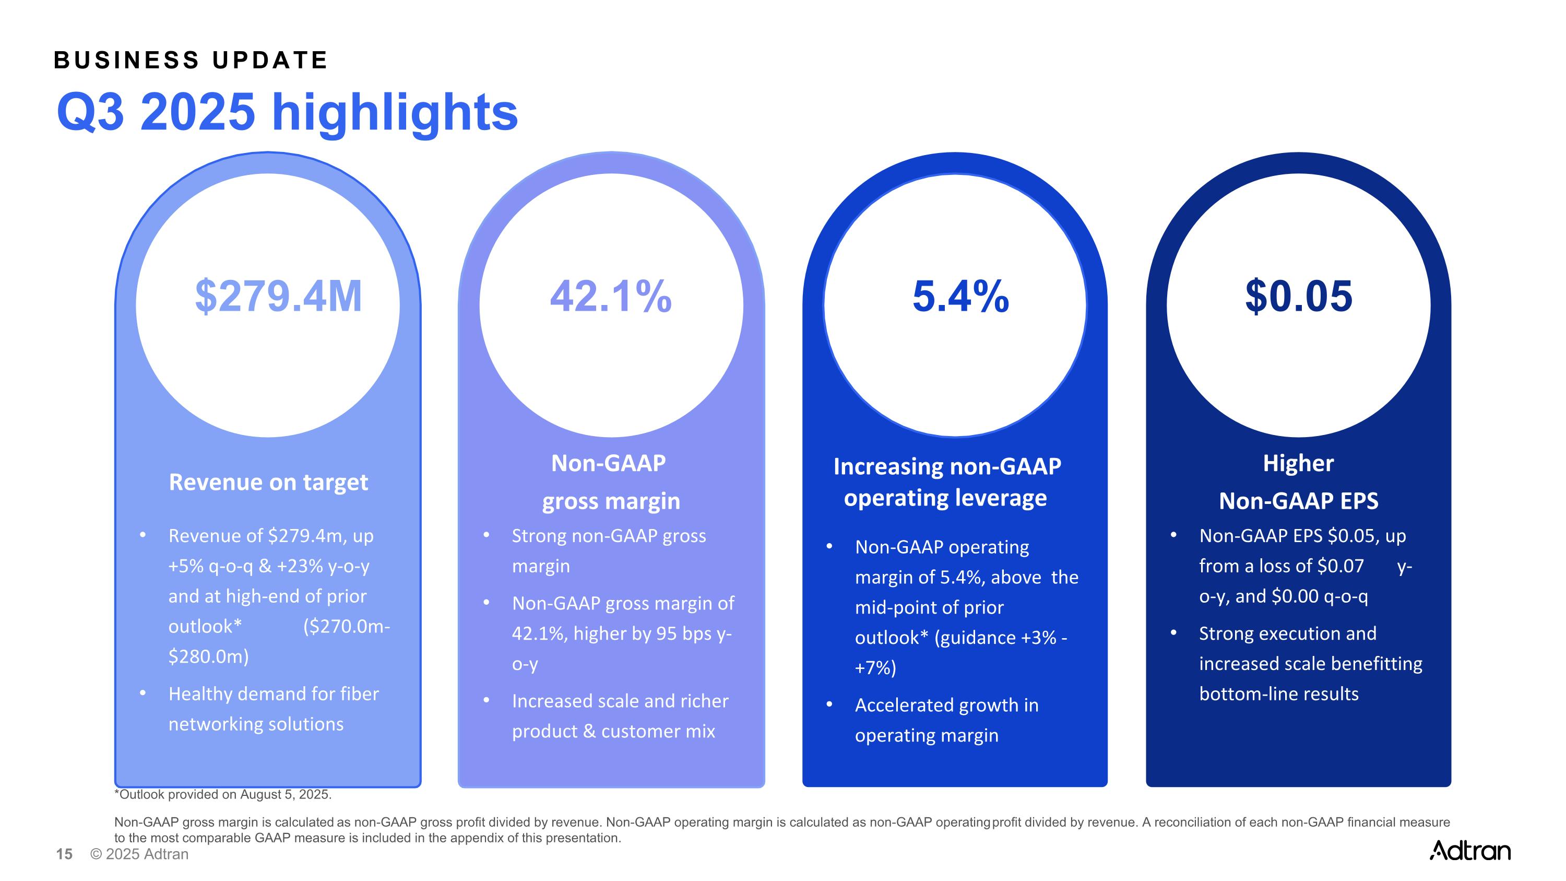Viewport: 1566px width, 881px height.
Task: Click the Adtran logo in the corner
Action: tap(1469, 850)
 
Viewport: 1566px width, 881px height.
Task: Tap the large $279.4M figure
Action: tap(278, 297)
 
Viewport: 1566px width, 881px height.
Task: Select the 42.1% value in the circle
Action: tap(610, 297)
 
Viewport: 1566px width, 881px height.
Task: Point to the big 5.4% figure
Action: tap(960, 297)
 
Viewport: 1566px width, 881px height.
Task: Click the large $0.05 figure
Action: tap(1299, 297)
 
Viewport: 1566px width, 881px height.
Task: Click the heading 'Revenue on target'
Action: tap(268, 482)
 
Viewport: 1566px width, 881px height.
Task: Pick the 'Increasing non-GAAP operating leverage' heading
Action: tap(946, 482)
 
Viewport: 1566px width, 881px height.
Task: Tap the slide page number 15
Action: tap(64, 854)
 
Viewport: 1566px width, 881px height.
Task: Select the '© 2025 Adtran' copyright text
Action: tap(139, 854)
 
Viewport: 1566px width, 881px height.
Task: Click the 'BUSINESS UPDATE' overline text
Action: tap(191, 60)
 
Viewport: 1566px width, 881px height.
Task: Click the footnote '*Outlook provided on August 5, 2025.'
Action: tap(222, 794)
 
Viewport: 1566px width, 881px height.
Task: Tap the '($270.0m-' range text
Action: tap(347, 626)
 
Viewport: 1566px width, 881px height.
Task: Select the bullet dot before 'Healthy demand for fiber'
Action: tap(143, 693)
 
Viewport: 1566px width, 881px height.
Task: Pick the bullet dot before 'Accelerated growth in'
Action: tap(829, 704)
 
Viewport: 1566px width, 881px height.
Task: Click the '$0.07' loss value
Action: tap(1340, 566)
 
